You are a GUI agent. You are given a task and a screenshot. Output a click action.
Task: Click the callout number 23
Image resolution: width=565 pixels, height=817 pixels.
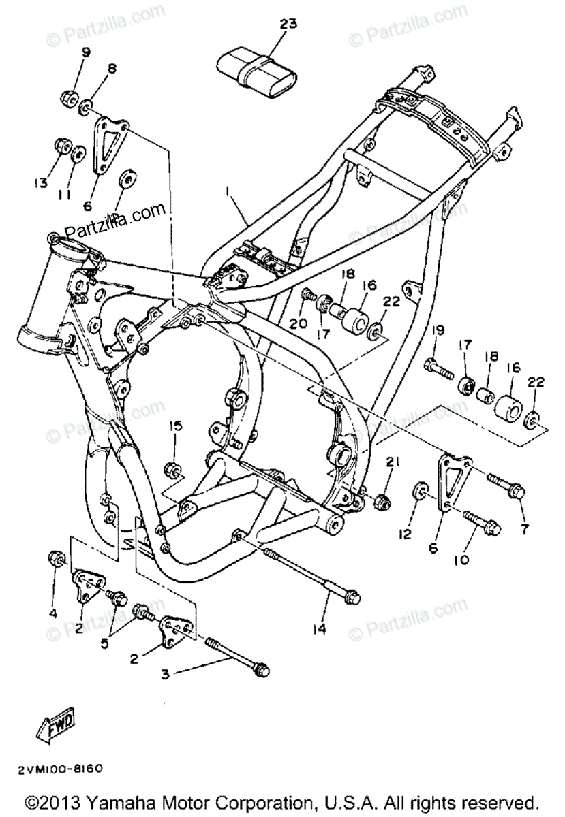point(288,25)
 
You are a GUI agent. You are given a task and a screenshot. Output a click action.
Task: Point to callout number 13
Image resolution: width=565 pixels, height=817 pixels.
point(42,182)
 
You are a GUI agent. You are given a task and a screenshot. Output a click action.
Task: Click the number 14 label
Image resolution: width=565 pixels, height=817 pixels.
point(319,629)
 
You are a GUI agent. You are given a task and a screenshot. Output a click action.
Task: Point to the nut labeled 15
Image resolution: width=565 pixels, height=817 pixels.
point(172,469)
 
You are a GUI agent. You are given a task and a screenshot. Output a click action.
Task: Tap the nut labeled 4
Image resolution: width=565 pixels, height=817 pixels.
point(57,560)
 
